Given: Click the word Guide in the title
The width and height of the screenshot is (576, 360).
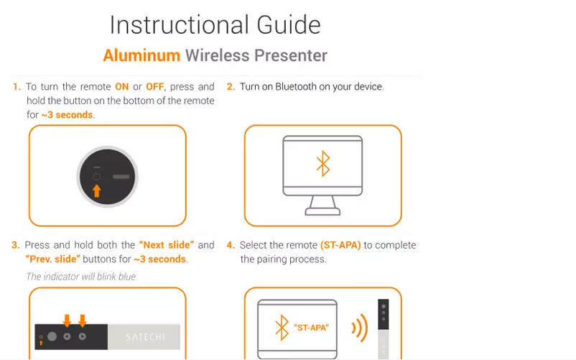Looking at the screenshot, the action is [289, 25].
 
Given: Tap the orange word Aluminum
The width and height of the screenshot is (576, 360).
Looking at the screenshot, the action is [141, 55].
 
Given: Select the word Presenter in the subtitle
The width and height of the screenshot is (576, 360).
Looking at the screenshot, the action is [291, 55].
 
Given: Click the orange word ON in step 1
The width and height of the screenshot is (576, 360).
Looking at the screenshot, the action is [122, 87].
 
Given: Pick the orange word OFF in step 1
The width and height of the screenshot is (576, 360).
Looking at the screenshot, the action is [155, 87].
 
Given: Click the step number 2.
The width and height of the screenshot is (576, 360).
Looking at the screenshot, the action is [231, 87].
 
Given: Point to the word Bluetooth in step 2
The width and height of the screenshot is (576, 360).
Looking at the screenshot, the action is [296, 87].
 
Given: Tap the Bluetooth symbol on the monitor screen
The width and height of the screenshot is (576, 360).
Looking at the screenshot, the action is [323, 163].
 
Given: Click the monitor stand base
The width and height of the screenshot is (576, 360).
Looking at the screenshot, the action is [323, 211].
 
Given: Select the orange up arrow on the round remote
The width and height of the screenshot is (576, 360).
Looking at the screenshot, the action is [97, 190].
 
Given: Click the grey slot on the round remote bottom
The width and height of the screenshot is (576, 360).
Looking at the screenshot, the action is [121, 177].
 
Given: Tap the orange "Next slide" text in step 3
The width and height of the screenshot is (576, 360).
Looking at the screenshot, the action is [167, 245].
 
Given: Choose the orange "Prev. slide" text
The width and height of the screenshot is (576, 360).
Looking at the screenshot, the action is [53, 259].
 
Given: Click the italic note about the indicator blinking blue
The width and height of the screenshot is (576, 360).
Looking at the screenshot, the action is [81, 277].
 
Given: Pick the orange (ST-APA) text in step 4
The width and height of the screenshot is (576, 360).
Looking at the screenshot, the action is [340, 245].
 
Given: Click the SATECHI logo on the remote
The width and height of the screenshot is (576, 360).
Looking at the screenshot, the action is [146, 337].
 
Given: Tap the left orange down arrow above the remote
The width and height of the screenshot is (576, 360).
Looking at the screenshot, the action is [67, 320].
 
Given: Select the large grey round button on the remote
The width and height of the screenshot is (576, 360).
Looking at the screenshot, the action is [52, 336].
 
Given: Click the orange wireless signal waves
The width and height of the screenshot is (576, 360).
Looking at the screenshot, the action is [360, 328].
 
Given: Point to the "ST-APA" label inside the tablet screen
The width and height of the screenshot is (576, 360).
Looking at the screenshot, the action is [312, 328].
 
